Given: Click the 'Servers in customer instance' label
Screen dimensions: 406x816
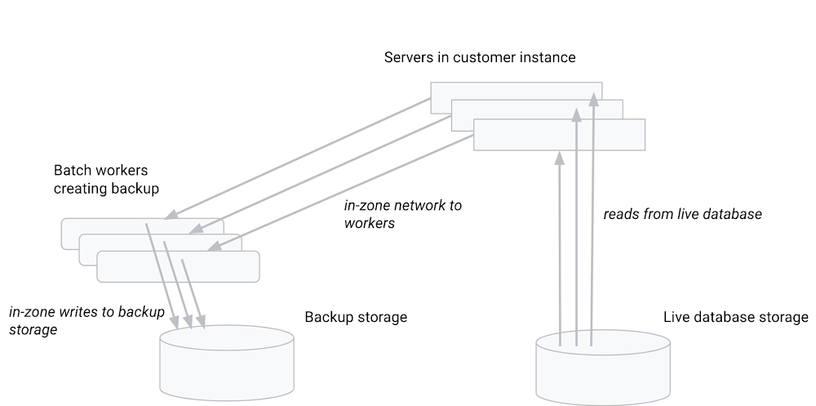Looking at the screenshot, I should (480, 58).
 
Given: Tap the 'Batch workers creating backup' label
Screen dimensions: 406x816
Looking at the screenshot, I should (106, 180).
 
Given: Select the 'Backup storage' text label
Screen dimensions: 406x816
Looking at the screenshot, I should (355, 317).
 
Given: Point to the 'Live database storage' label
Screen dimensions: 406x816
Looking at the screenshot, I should (735, 317).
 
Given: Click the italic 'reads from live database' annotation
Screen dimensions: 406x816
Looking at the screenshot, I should (682, 214).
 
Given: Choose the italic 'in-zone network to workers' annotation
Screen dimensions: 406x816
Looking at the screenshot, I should (402, 214).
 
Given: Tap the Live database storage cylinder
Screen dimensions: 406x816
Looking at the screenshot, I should (603, 368).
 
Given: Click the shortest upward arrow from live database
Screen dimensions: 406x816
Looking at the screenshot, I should (560, 245).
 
